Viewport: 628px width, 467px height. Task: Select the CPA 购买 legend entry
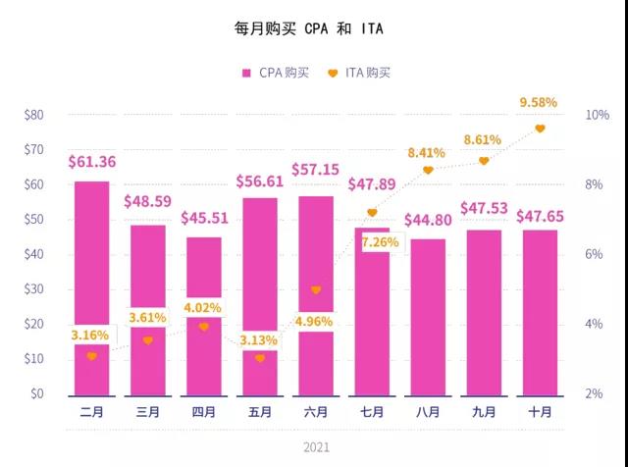coord(276,73)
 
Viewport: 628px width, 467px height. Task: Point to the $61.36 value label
coord(92,162)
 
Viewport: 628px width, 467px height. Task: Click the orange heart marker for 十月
coord(540,129)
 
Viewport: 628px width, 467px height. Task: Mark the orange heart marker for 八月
coord(428,170)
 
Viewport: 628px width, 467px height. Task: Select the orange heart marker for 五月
coord(260,358)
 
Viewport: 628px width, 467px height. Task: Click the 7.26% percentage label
coord(379,240)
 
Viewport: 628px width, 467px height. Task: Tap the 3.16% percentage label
coord(89,336)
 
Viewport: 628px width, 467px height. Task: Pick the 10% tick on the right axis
coord(598,115)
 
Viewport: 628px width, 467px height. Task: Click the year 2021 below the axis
coord(316,447)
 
